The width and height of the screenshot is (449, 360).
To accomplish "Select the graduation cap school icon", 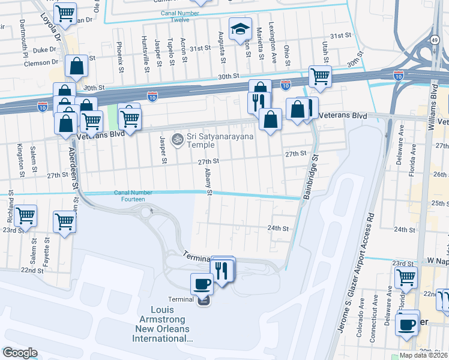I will pyautogui.click(x=241, y=28).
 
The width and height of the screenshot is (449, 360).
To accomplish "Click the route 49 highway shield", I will pyautogui.click(x=434, y=40).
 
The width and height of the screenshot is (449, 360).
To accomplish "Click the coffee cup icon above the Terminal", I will pyautogui.click(x=201, y=283).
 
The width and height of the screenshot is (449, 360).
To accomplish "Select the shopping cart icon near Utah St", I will pyautogui.click(x=320, y=76).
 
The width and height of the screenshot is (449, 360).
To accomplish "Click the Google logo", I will pyautogui.click(x=19, y=353).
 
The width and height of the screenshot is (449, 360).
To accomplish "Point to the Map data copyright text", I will pyautogui.click(x=423, y=355).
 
